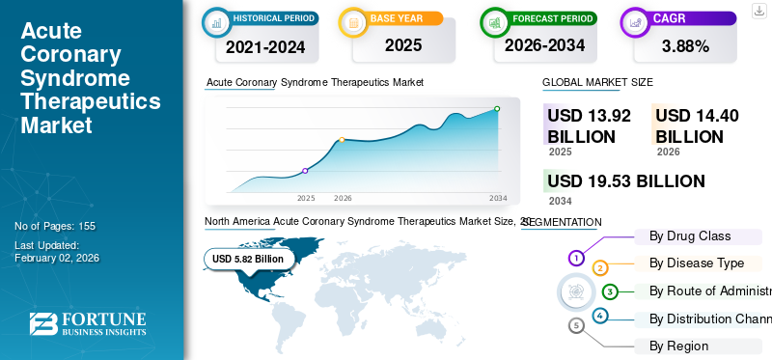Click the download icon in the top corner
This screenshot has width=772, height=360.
pyautogui.click(x=758, y=10)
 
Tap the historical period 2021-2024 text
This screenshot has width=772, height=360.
pyautogui.click(x=264, y=45)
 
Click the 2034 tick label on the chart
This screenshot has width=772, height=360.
pyautogui.click(x=498, y=198)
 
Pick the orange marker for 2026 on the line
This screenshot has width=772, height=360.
pyautogui.click(x=342, y=140)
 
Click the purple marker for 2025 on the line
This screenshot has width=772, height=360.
pyautogui.click(x=306, y=171)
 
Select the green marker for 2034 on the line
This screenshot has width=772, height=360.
pyautogui.click(x=497, y=109)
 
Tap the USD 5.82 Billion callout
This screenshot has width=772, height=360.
pyautogui.click(x=248, y=259)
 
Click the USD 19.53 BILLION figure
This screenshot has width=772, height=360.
pyautogui.click(x=625, y=180)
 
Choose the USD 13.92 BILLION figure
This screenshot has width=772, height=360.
pyautogui.click(x=589, y=125)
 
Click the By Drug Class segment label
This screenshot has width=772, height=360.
pyautogui.click(x=690, y=235)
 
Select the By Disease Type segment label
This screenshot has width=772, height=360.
pyautogui.click(x=696, y=263)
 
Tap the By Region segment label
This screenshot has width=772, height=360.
pyautogui.click(x=678, y=346)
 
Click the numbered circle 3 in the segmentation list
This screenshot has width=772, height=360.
pyautogui.click(x=610, y=291)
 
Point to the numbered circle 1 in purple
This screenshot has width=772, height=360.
pyautogui.click(x=576, y=258)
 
